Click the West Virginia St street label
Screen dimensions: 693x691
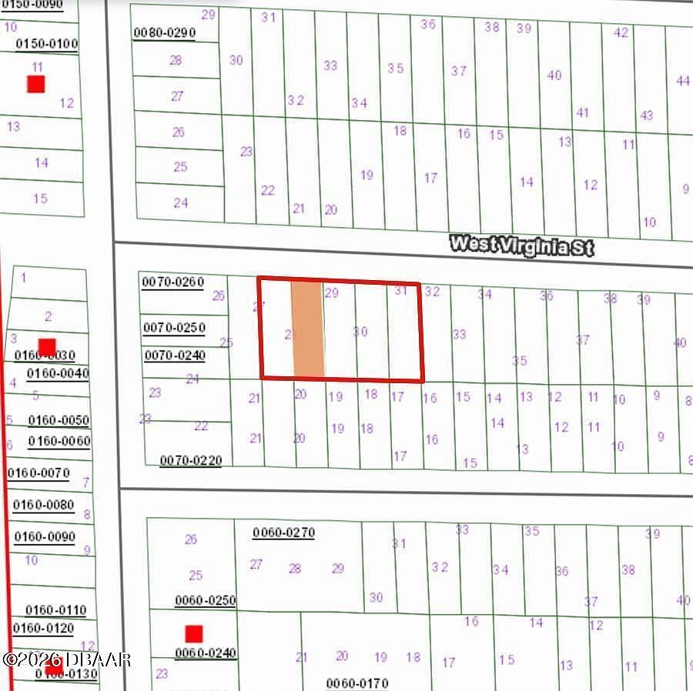(x=522, y=246)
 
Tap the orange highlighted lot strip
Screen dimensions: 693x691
(x=307, y=329)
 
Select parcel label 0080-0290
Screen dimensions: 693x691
(x=165, y=32)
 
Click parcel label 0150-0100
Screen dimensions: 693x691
(x=47, y=44)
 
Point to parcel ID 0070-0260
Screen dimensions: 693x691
(x=173, y=282)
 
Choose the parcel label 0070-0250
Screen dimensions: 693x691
(x=174, y=328)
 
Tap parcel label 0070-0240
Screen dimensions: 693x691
(x=175, y=356)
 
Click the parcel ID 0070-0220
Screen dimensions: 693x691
(x=191, y=461)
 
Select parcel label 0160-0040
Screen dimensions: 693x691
(x=58, y=374)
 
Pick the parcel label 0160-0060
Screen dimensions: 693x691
(x=59, y=442)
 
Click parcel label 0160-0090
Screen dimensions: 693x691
(x=44, y=537)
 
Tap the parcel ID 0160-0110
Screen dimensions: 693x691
(x=56, y=610)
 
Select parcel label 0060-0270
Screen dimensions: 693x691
(x=283, y=532)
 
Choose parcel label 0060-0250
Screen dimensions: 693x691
(x=205, y=601)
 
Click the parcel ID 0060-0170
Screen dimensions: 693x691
(x=357, y=683)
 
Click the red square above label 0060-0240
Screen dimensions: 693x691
(x=193, y=634)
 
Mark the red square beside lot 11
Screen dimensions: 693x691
(x=35, y=84)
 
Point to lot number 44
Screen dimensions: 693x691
(x=682, y=81)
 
